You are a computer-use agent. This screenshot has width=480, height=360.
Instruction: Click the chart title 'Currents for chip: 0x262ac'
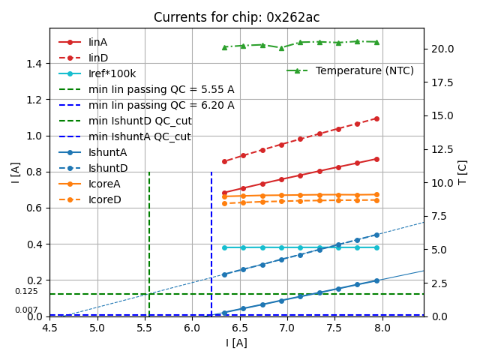pyautogui.click(x=236, y=17)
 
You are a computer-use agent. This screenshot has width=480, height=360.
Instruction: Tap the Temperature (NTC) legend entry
pyautogui.click(x=364, y=70)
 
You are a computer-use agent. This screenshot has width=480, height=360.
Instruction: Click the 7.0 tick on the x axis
pyautogui.click(x=287, y=328)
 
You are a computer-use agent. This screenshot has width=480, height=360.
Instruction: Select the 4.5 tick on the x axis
pyautogui.click(x=49, y=328)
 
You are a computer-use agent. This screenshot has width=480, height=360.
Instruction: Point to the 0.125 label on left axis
pyautogui.click(x=26, y=291)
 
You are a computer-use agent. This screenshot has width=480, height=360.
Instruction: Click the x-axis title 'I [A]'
pyautogui.click(x=236, y=343)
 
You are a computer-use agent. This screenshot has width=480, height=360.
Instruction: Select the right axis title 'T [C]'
pyautogui.click(x=463, y=172)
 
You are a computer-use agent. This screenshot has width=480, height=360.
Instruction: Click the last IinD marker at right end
pyautogui.click(x=376, y=118)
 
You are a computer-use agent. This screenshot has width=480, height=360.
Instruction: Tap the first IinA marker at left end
pyautogui.click(x=224, y=193)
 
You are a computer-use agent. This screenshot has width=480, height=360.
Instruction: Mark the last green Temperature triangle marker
pyautogui.click(x=376, y=42)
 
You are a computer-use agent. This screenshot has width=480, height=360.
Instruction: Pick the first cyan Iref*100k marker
pyautogui.click(x=224, y=247)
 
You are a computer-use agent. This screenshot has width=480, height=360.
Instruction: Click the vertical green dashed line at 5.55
pyautogui.click(x=149, y=240)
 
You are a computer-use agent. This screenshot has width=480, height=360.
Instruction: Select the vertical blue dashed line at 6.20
pyautogui.click(x=211, y=240)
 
